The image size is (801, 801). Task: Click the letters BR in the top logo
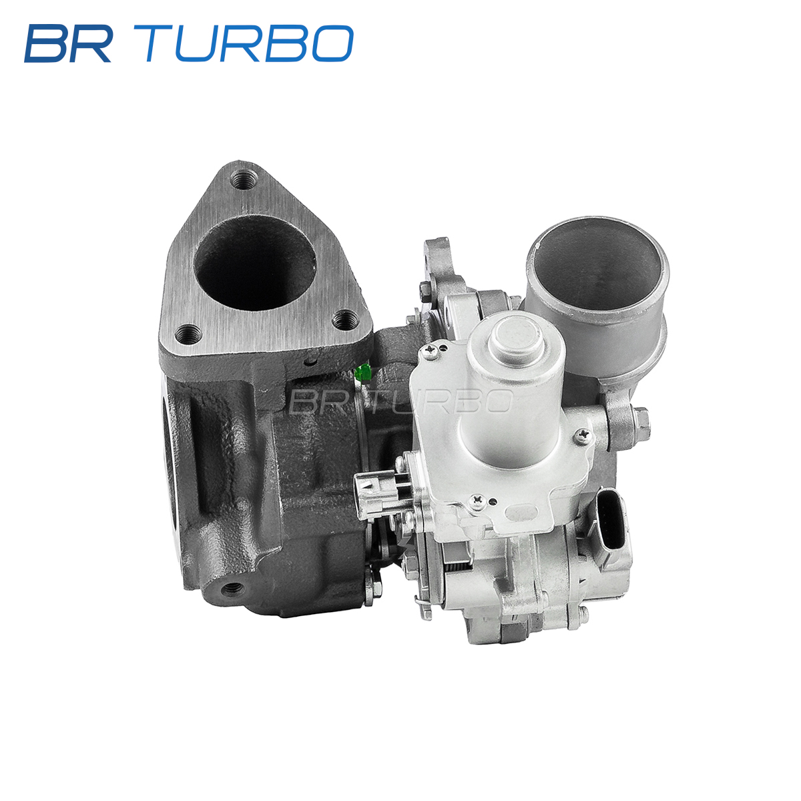tap(68, 43)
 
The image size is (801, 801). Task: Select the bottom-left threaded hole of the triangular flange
tap(188, 334)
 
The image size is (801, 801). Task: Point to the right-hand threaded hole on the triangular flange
tap(345, 320)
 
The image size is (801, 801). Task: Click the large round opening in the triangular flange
tap(256, 263)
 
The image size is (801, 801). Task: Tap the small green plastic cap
tap(364, 372)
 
